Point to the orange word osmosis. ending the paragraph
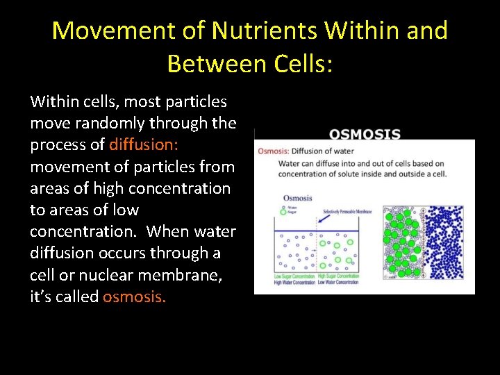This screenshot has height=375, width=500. pyautogui.click(x=135, y=296)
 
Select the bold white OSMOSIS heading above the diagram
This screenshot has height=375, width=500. pyautogui.click(x=365, y=134)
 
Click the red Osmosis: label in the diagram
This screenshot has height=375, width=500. pyautogui.click(x=273, y=151)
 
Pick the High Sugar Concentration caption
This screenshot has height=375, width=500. pyautogui.click(x=338, y=276)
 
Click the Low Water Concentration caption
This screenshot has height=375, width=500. pyautogui.click(x=338, y=283)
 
